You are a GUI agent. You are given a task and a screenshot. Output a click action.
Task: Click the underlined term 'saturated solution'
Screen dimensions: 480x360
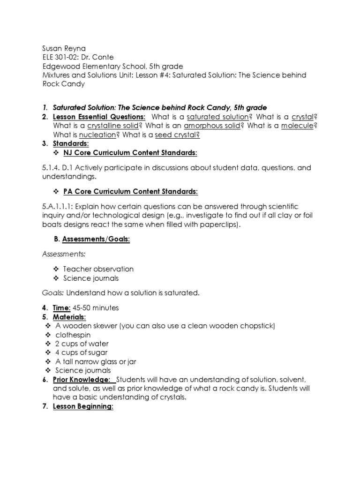[217, 116]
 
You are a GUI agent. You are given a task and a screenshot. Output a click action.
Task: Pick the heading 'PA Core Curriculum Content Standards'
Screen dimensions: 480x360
[130, 191]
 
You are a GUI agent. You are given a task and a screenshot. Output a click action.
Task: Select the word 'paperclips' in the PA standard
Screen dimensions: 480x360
[221, 225]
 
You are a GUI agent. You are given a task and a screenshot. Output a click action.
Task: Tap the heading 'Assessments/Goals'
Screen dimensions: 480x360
[96, 239]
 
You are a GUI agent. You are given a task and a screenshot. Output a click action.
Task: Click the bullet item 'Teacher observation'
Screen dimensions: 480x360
[98, 269]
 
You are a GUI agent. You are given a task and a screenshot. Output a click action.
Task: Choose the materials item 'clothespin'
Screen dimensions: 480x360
[73, 335]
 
